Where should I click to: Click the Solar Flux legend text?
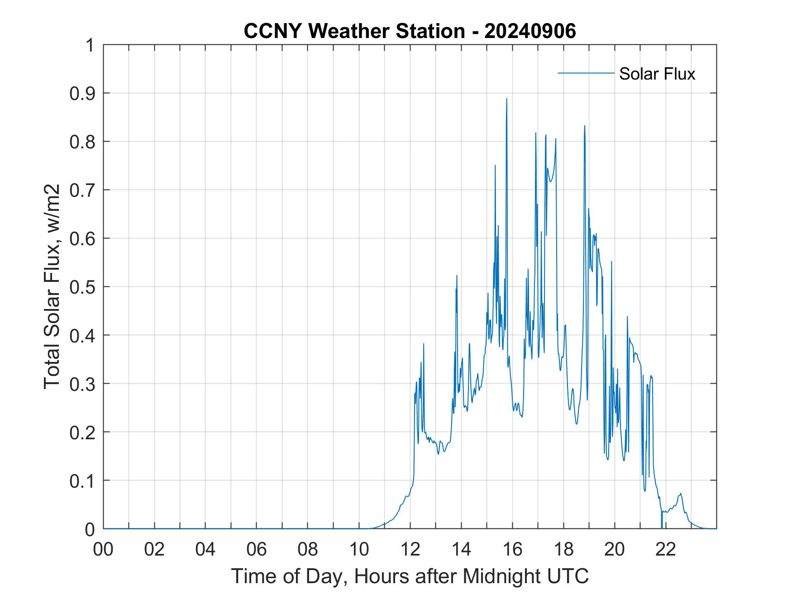pyautogui.click(x=657, y=74)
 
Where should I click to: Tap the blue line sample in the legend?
pyautogui.click(x=586, y=73)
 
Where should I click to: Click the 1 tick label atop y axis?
pyautogui.click(x=91, y=45)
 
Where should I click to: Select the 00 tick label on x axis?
pyautogui.click(x=103, y=549)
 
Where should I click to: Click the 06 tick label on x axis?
pyautogui.click(x=257, y=549)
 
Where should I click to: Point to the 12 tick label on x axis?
pyautogui.click(x=410, y=549)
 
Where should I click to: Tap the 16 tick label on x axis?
pyautogui.click(x=512, y=549)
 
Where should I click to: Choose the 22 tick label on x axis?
pyautogui.click(x=666, y=549)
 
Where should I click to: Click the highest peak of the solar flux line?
pyautogui.click(x=506, y=99)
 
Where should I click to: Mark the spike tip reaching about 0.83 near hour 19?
pyautogui.click(x=585, y=126)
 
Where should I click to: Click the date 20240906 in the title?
pyautogui.click(x=530, y=31)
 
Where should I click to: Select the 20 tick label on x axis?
pyautogui.click(x=615, y=549)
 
